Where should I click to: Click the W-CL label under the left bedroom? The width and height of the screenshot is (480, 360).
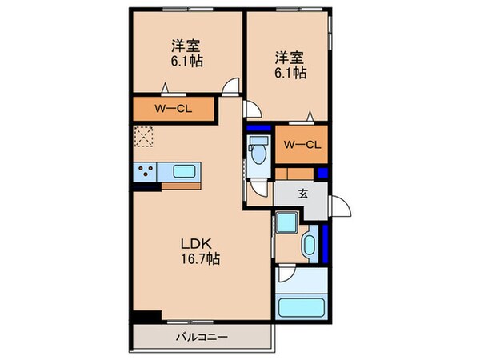170,106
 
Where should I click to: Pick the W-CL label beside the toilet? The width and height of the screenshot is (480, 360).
302,144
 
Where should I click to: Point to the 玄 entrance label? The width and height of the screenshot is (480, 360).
304,193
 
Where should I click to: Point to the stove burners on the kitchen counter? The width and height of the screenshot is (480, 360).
146,170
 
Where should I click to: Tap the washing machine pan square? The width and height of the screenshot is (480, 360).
286,223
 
